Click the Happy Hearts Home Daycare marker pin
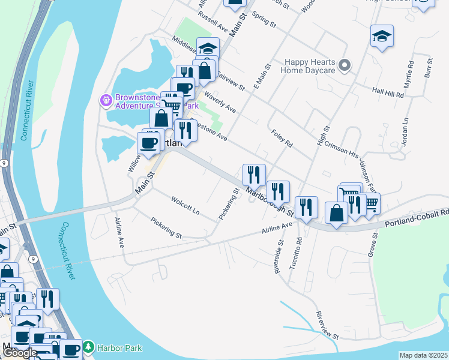[x=345, y=65]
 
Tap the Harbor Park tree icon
[x=89, y=347]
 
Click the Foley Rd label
[x=281, y=139]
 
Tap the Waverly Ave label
[x=220, y=101]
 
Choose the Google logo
[x=20, y=353]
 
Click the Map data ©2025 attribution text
[x=423, y=355]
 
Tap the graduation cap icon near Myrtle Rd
[x=382, y=36]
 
